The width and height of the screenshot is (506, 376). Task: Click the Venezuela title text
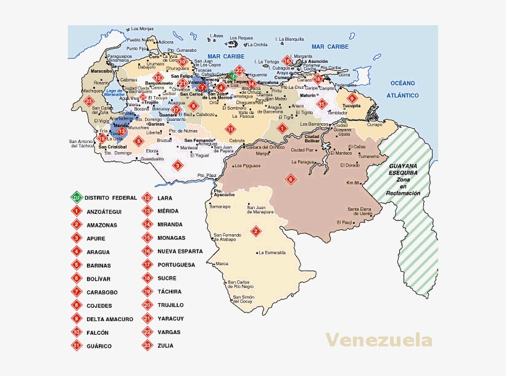click(x=379, y=340)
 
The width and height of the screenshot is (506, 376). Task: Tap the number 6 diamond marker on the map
click(x=291, y=180)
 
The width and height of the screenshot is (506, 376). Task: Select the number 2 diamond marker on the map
click(x=255, y=231)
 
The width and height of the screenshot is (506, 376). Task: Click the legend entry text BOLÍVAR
click(x=99, y=279)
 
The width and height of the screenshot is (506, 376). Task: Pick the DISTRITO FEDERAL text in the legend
click(x=111, y=198)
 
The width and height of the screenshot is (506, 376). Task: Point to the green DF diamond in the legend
click(x=77, y=198)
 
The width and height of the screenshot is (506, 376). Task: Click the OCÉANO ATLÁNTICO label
click(x=403, y=89)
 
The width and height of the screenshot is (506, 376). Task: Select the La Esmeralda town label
click(x=272, y=252)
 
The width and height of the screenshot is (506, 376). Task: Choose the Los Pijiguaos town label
click(x=247, y=165)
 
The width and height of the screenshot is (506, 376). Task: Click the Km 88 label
click(x=353, y=183)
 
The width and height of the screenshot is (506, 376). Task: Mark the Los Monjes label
click(x=142, y=29)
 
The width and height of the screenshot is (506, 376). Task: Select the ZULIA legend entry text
click(x=165, y=346)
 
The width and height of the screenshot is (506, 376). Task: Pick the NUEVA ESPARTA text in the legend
click(x=180, y=251)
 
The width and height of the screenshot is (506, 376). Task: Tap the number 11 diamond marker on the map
click(x=230, y=129)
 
